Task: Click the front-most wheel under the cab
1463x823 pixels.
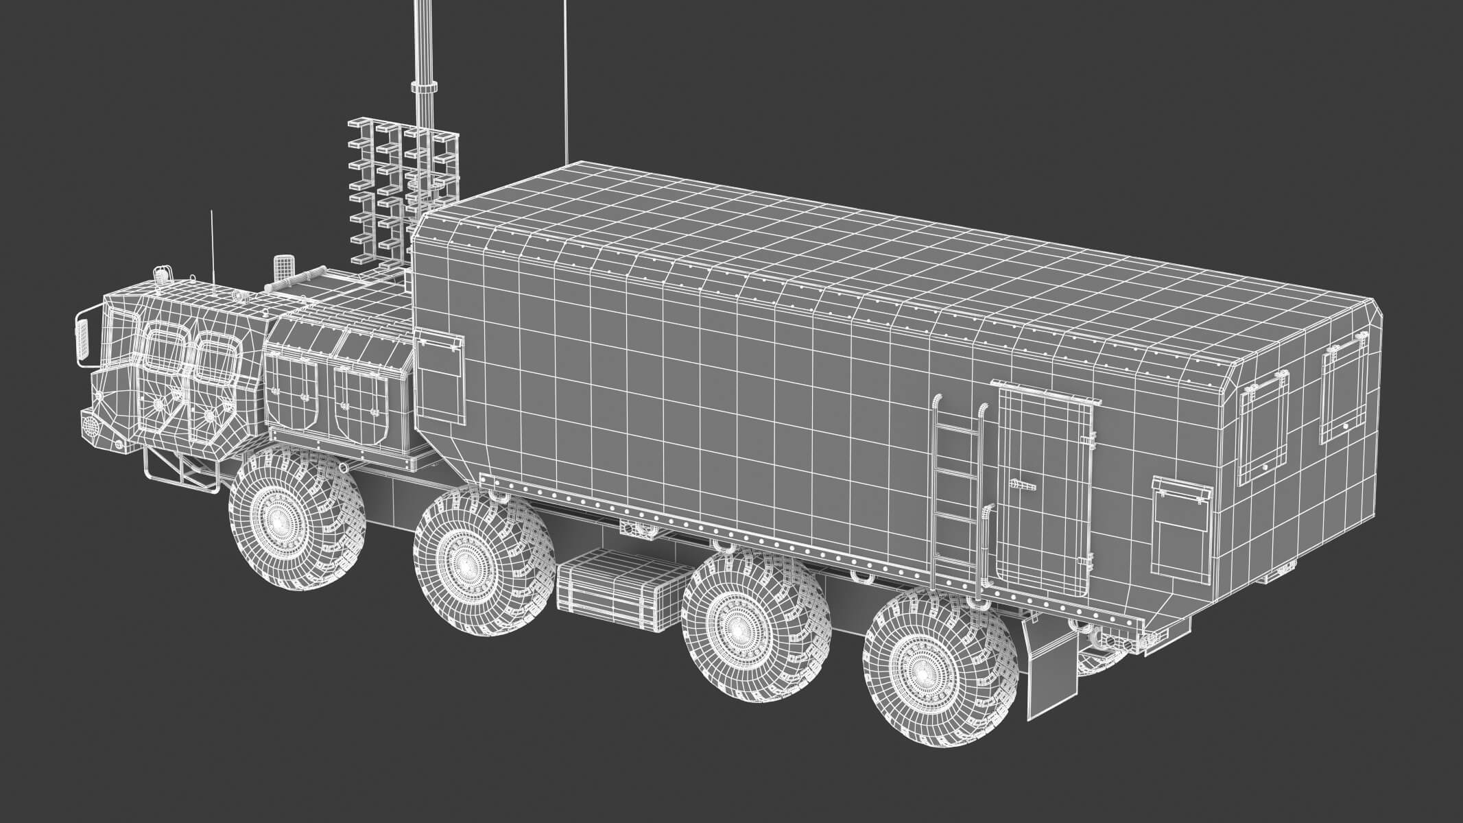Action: pos(296,519)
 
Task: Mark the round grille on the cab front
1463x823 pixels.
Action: pos(90,424)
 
